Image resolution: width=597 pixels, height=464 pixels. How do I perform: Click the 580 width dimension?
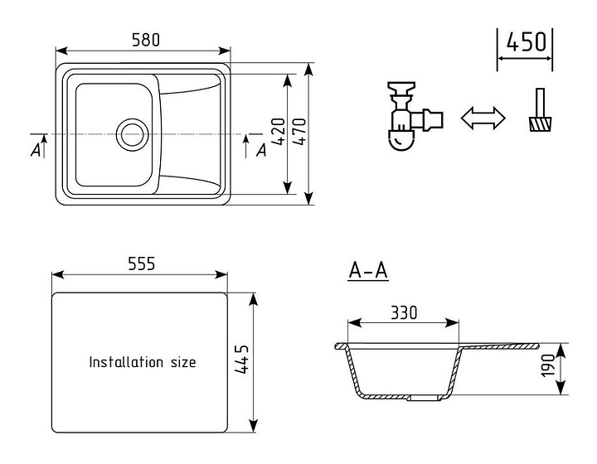tap(145, 38)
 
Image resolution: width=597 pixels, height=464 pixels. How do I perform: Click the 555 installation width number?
tap(141, 263)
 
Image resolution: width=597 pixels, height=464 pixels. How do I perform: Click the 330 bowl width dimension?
tap(403, 312)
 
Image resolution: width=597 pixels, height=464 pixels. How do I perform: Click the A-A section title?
tap(368, 270)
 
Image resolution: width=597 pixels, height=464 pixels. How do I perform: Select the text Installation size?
tap(143, 362)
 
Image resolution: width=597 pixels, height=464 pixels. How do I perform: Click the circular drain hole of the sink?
tap(131, 133)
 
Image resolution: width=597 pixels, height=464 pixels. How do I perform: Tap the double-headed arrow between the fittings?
tap(483, 118)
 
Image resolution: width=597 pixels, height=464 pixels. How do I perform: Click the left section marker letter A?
tap(35, 150)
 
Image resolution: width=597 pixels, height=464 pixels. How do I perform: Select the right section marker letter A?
tap(261, 150)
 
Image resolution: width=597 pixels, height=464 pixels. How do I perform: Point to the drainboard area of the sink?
tap(191, 133)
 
